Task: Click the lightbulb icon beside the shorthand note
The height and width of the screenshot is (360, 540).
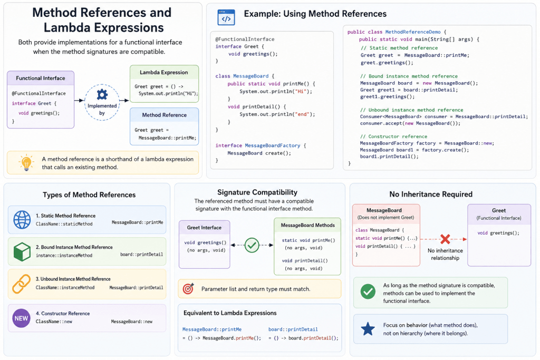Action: point(26,162)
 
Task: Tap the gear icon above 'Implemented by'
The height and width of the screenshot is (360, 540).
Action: point(102,94)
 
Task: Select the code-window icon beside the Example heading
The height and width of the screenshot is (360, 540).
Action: point(226,17)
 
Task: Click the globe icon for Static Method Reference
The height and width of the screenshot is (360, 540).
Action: point(22,220)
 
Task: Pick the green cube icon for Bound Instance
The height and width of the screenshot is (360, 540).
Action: point(22,251)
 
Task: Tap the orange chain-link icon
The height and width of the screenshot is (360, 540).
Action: point(21,284)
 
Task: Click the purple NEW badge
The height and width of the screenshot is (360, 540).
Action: point(21,318)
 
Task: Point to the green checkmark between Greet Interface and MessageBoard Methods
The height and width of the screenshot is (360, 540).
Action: point(252,246)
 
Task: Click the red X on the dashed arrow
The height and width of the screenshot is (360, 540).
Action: point(445,239)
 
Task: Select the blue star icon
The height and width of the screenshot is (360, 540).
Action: point(368,329)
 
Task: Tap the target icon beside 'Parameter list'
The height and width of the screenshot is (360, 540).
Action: point(188,288)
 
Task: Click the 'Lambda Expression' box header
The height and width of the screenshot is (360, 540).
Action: point(164,72)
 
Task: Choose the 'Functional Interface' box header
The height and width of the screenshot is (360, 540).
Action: point(41,78)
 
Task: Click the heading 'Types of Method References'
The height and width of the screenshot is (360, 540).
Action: point(89,195)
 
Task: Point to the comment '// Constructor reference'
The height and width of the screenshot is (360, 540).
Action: point(393,137)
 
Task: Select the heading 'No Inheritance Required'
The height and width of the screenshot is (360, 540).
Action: point(431,194)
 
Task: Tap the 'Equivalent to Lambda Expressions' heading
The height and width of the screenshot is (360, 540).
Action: point(230,313)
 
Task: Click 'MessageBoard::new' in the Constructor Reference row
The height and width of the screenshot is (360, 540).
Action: point(131,322)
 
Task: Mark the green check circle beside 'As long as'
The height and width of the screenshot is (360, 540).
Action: point(368,291)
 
